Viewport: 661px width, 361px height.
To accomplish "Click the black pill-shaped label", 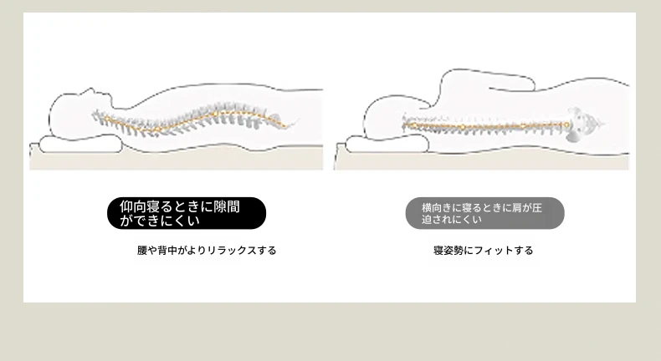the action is pyautogui.click(x=187, y=213).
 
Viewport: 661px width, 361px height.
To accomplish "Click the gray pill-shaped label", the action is pyautogui.click(x=484, y=213).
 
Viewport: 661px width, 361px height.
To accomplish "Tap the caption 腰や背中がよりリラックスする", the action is pyautogui.click(x=207, y=250).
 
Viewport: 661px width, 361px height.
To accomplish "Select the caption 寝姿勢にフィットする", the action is pyautogui.click(x=483, y=250).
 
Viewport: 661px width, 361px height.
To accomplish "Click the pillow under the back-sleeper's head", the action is pyautogui.click(x=80, y=144).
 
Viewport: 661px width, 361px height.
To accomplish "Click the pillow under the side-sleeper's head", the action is pyautogui.click(x=387, y=144).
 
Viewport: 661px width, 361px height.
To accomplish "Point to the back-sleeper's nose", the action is pyautogui.click(x=90, y=90).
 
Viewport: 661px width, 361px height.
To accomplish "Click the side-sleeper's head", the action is pyautogui.click(x=394, y=117).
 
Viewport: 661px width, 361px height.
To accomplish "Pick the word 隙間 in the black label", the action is pyautogui.click(x=227, y=207).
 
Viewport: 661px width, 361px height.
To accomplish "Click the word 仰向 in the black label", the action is pyautogui.click(x=133, y=207).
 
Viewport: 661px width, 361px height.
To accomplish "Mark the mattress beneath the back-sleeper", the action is pyautogui.click(x=177, y=160).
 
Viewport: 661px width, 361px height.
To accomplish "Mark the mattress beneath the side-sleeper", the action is pyautogui.click(x=481, y=160).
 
